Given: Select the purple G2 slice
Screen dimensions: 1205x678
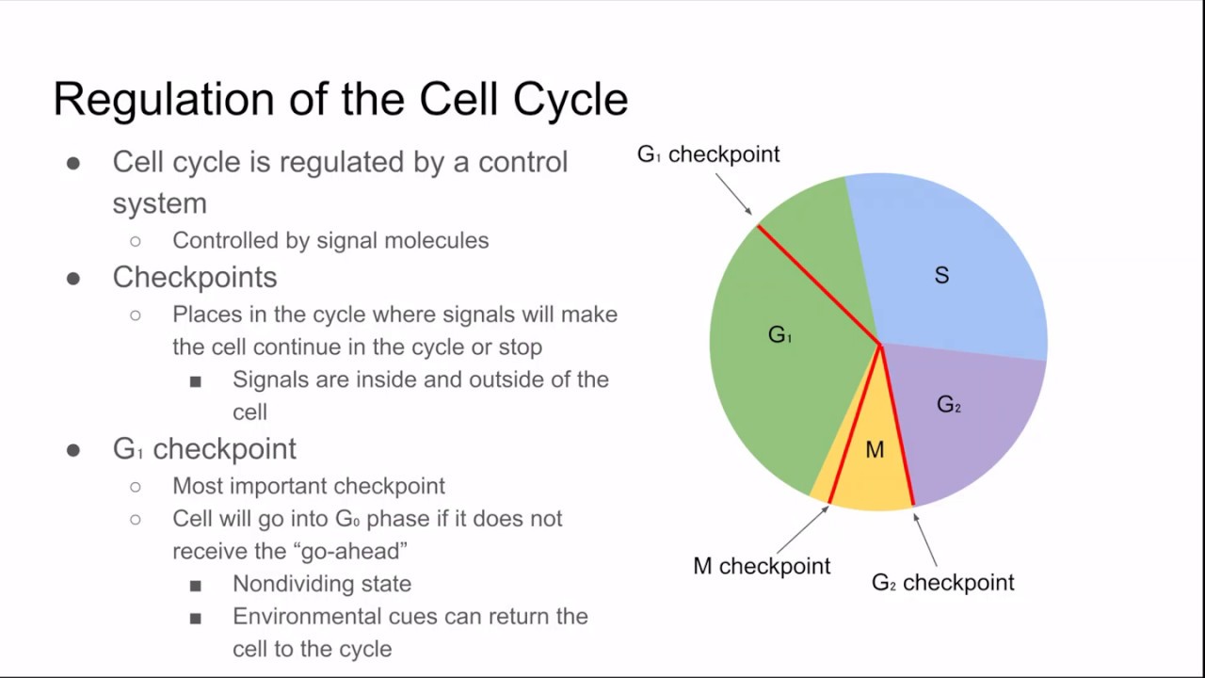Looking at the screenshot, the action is click(x=960, y=424).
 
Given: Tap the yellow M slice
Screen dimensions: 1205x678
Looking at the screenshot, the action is click(x=874, y=461).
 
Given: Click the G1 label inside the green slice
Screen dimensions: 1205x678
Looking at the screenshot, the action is click(x=780, y=334).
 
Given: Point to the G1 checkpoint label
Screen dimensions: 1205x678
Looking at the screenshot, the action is click(x=708, y=153).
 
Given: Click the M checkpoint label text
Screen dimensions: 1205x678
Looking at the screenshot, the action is click(x=762, y=566).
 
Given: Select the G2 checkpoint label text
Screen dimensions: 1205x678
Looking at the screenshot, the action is click(x=942, y=582).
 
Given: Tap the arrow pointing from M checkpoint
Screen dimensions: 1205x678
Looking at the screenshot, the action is click(x=801, y=529).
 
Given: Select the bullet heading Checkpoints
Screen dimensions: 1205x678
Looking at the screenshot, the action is click(x=195, y=277).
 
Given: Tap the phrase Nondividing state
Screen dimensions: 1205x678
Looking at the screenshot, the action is click(x=322, y=584).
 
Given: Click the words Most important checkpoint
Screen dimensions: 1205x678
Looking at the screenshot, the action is click(x=309, y=486).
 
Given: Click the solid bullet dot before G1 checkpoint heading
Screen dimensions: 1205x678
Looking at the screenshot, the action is click(x=73, y=450).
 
